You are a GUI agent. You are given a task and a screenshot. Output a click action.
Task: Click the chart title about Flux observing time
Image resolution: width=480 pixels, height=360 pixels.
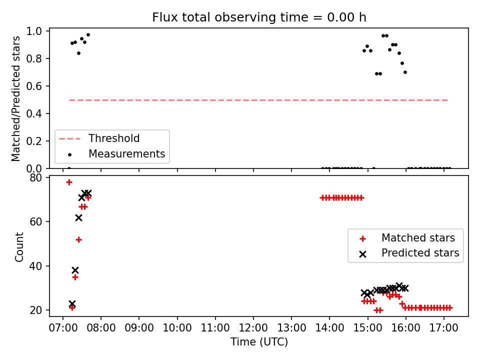pos(259,17)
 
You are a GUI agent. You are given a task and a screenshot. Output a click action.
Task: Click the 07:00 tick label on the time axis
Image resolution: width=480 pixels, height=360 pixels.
pos(63,328)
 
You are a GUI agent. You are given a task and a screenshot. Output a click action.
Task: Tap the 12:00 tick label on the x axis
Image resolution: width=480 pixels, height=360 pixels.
pos(253,328)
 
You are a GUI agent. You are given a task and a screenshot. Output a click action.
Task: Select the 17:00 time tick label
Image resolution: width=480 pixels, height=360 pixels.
pos(444,328)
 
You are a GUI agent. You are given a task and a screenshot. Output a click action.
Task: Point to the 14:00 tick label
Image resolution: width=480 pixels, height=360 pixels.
pos(329,328)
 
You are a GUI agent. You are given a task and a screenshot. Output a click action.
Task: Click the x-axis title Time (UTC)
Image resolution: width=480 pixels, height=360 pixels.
pos(259,341)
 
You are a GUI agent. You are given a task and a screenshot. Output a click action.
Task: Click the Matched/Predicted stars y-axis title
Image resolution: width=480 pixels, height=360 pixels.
pos(15,98)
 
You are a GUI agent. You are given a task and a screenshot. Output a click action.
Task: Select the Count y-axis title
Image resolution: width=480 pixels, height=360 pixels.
pos(19,246)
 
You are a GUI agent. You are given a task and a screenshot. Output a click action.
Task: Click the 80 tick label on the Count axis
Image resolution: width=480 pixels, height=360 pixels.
pos(36,177)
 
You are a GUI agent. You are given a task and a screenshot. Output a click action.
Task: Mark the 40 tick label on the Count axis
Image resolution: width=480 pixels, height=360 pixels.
pos(36,265)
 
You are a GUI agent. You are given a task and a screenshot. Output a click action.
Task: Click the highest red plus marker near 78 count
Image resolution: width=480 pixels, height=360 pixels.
pos(69,182)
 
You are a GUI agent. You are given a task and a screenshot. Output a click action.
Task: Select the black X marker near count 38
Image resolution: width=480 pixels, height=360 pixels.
pos(75,270)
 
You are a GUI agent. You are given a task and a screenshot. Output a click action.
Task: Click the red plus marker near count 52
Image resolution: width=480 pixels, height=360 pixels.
pos(78,239)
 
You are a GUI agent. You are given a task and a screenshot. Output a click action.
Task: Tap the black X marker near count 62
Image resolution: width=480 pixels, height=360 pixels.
pos(78,217)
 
